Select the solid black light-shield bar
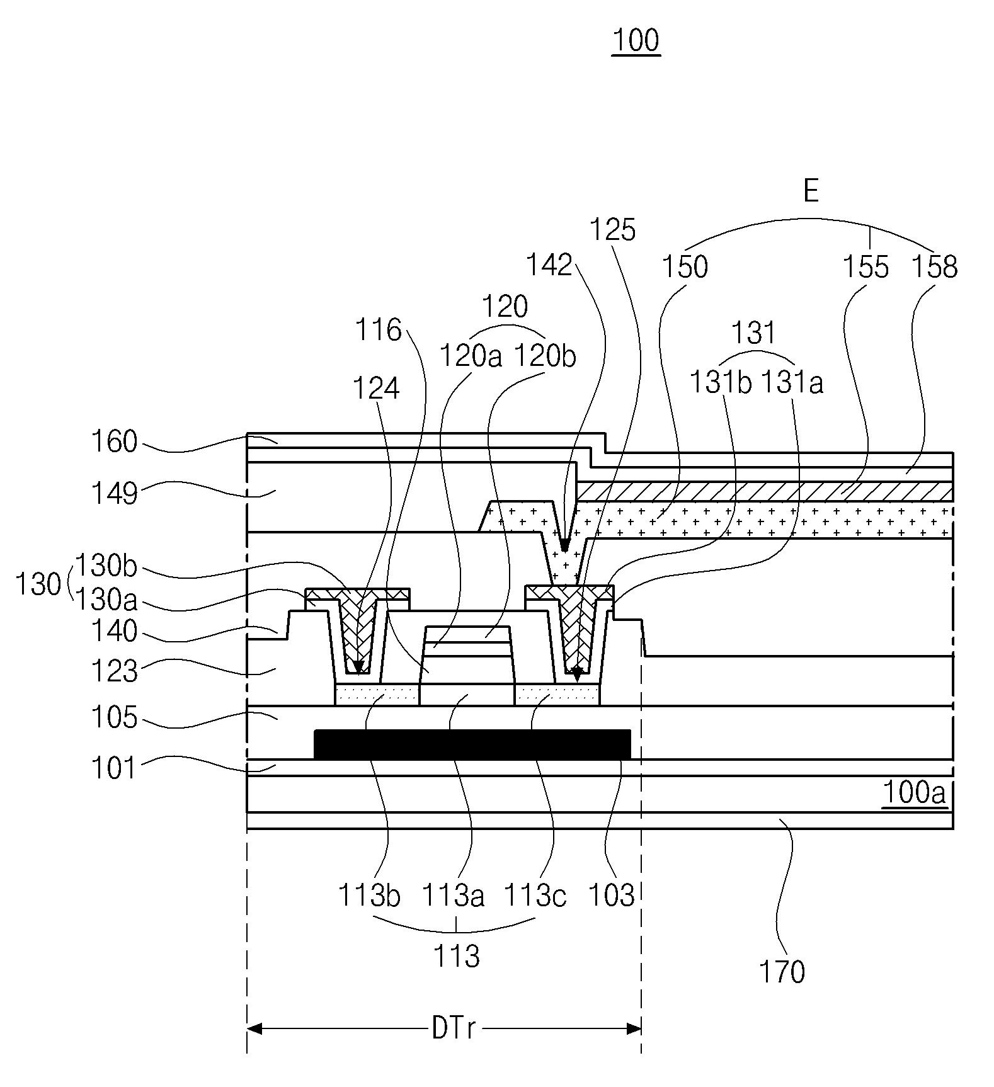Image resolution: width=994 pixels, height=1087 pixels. pyautogui.click(x=472, y=744)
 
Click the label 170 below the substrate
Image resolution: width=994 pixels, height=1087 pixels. pyautogui.click(x=782, y=972)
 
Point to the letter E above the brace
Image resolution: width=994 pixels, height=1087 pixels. pyautogui.click(x=811, y=190)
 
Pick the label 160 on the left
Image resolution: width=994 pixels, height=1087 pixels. pyautogui.click(x=114, y=441)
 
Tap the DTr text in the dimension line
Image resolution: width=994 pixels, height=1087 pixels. pyautogui.click(x=454, y=1028)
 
